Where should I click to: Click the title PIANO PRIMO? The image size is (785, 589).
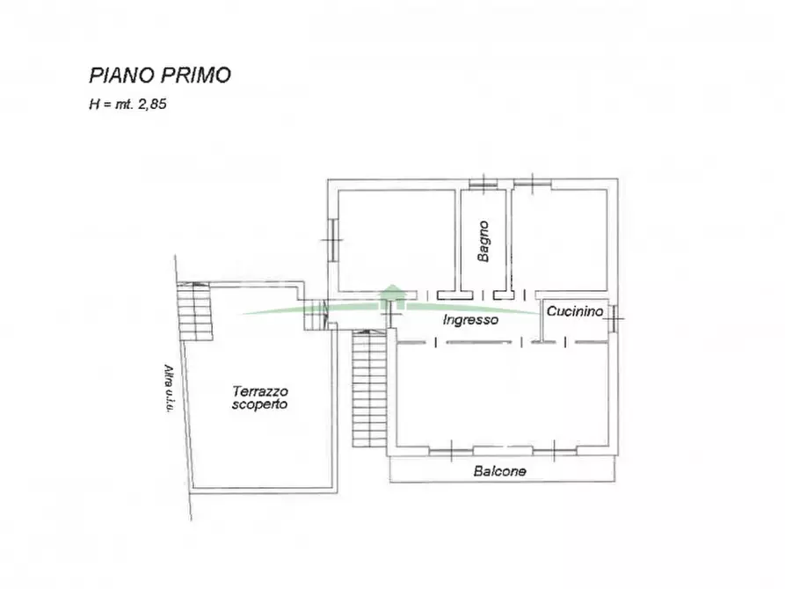point(160,75)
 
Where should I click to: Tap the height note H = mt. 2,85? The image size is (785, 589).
point(128,104)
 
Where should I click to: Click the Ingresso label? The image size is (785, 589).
point(471,320)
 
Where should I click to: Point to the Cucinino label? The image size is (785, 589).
point(574,311)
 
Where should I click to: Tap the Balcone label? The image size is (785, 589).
point(499,471)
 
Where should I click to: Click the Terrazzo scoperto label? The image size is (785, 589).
point(260,397)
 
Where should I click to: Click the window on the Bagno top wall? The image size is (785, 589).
point(483,183)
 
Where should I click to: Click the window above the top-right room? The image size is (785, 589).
point(533,183)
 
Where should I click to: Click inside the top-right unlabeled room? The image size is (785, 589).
point(560,237)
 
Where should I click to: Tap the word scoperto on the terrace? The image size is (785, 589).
point(260,404)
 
